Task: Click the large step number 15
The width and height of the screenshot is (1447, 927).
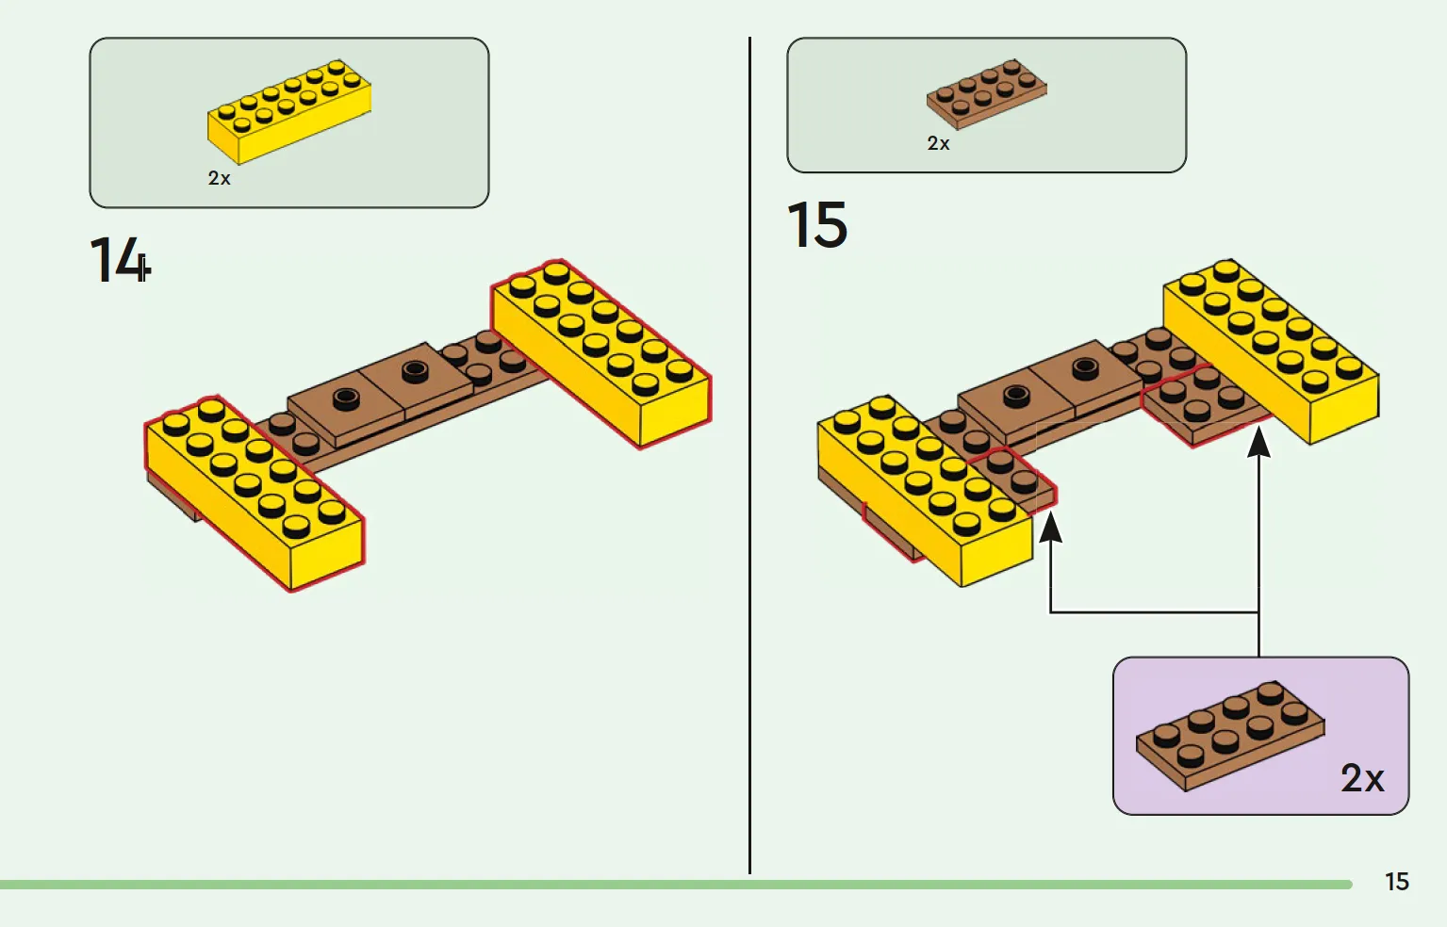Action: pyautogui.click(x=816, y=225)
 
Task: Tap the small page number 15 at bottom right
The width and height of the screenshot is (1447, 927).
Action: pyautogui.click(x=1396, y=882)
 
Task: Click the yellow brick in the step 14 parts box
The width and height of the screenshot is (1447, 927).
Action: pyautogui.click(x=289, y=111)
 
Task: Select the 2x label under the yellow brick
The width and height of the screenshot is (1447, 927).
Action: pyautogui.click(x=219, y=178)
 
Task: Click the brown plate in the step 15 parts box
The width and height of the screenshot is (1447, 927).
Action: pyautogui.click(x=986, y=93)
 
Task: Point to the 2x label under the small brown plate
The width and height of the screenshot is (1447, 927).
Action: pyautogui.click(x=938, y=144)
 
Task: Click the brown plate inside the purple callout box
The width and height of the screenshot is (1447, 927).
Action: pyautogui.click(x=1229, y=735)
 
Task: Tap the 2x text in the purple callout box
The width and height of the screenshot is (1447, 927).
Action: pyautogui.click(x=1362, y=778)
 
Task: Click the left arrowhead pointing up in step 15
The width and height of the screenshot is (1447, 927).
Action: pyautogui.click(x=1050, y=528)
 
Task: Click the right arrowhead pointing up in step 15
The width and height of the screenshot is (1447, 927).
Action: pyautogui.click(x=1258, y=441)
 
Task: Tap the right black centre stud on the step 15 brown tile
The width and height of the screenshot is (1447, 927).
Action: pyautogui.click(x=1085, y=367)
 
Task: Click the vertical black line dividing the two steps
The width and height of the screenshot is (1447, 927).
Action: pyautogui.click(x=749, y=452)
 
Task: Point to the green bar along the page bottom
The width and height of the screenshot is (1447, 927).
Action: pyautogui.click(x=660, y=885)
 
